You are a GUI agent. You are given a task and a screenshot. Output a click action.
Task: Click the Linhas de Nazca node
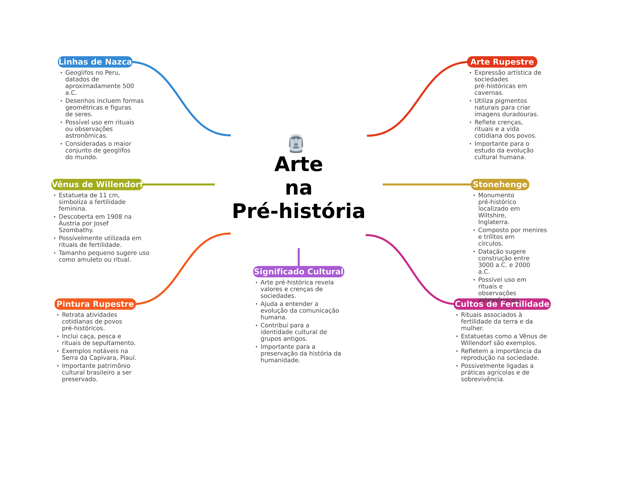[95, 62]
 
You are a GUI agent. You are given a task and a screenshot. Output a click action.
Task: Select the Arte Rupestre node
[502, 62]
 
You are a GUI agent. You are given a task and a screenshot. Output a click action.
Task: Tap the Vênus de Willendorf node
[97, 184]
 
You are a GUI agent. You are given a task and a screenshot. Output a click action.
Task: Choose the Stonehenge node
[500, 184]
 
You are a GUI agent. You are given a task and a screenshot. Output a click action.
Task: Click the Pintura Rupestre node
[95, 304]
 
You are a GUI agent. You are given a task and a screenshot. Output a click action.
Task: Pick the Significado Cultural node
[299, 272]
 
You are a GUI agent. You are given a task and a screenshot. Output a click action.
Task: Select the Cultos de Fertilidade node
[502, 304]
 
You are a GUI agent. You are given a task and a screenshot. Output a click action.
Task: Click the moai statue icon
[296, 143]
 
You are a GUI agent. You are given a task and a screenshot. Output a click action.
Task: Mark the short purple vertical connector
[299, 256]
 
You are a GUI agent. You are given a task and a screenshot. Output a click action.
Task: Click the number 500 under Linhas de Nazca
[128, 86]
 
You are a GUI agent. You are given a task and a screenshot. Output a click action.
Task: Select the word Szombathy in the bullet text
[75, 230]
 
